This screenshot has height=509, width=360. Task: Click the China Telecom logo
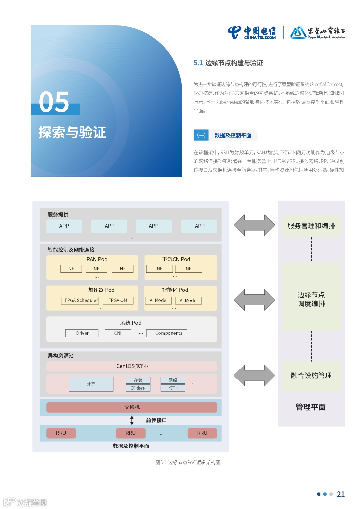point(252,33)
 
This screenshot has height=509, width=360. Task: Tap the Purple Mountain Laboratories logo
point(317,33)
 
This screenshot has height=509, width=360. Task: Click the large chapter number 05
point(54,102)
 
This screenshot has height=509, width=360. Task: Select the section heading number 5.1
point(198,63)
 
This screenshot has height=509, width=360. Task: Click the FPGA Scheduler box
point(81,300)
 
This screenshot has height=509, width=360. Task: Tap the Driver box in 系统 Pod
point(82,333)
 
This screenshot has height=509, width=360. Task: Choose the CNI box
point(118,333)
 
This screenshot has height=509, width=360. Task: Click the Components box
point(169,333)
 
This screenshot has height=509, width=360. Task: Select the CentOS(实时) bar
point(132,366)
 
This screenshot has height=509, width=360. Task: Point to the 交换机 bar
point(132,407)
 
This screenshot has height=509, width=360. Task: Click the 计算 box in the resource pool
point(91,384)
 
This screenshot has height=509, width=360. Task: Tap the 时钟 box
point(173,388)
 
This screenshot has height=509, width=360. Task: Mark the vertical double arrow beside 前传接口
point(132,420)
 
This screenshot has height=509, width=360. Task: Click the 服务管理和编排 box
point(311,226)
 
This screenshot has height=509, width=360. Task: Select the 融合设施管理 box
point(311,376)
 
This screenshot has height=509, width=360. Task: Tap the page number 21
point(341,494)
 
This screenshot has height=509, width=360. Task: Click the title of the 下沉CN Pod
point(176,259)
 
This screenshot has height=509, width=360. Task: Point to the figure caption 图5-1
point(188,462)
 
